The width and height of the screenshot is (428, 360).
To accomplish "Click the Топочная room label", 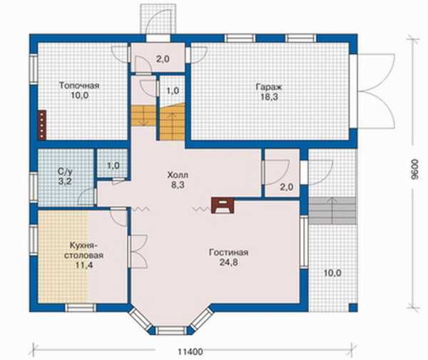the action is click(79, 86).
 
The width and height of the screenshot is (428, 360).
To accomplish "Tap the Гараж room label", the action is click(269, 87).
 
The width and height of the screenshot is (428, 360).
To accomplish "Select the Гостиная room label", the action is click(228, 252).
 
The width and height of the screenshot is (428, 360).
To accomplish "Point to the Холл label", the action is click(178, 175).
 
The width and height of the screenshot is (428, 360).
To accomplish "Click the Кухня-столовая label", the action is click(83, 250).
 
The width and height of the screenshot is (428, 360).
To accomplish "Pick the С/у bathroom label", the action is click(66, 172).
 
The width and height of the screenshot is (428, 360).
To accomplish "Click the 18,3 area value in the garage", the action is click(269, 97).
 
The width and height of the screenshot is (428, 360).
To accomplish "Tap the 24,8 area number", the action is click(228, 262).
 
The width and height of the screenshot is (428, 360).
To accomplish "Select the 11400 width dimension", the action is click(190, 351).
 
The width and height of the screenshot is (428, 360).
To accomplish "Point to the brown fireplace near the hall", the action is click(223, 205).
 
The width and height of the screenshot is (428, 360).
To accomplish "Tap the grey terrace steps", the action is click(332, 210).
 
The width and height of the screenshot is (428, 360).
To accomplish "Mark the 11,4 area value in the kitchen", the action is click(83, 264).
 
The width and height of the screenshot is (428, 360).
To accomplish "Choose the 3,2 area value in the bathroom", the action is click(65, 181).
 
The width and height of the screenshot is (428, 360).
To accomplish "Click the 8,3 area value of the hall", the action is click(178, 185).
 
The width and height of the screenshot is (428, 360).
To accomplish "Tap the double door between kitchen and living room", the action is click(138, 252).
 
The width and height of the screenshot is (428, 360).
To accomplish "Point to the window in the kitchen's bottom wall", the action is click(81, 308).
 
